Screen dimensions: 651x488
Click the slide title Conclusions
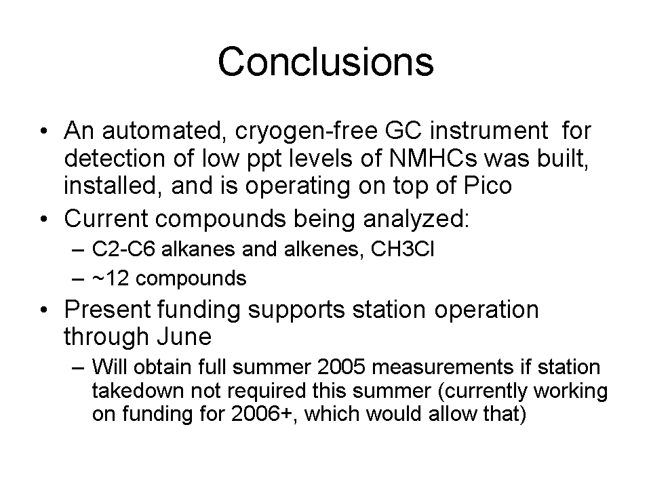click(x=325, y=62)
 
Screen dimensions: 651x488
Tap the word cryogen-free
click(x=307, y=131)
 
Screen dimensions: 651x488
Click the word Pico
click(x=488, y=186)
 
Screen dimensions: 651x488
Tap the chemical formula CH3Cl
click(x=402, y=249)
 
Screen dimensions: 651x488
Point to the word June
click(x=184, y=337)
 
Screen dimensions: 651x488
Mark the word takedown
click(x=138, y=390)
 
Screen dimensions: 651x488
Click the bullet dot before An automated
click(x=44, y=131)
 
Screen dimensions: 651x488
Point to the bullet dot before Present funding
click(x=44, y=310)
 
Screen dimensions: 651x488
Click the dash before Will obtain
click(x=77, y=368)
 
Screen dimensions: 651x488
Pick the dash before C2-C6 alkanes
click(x=77, y=250)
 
